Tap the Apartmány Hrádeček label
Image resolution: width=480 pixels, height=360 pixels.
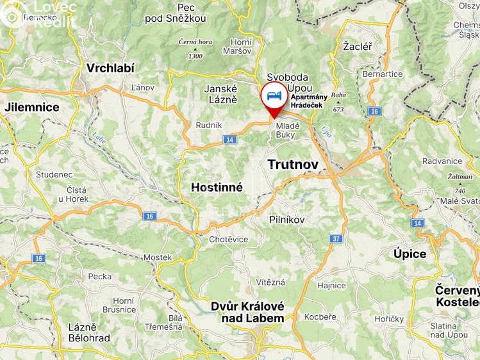coord(310,101)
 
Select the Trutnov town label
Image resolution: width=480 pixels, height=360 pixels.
coord(293,165)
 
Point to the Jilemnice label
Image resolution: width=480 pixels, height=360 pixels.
coord(31,107)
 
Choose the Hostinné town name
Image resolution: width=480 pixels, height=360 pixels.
coord(217,188)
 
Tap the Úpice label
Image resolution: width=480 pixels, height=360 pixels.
coord(410,254)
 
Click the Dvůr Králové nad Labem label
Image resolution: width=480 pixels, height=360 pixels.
coord(247,312)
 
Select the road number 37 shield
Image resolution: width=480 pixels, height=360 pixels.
coord(335,239)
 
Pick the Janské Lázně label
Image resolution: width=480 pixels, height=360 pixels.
coord(221,94)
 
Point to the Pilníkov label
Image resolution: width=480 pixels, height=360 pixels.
coord(287,219)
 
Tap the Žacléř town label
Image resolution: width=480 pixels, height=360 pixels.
coord(357,46)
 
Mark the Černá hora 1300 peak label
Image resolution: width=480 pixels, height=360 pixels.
coord(195,48)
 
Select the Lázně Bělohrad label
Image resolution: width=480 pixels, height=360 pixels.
coord(89,332)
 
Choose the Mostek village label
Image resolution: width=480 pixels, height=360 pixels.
coord(158,257)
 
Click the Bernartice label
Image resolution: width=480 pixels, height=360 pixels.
coord(383,74)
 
